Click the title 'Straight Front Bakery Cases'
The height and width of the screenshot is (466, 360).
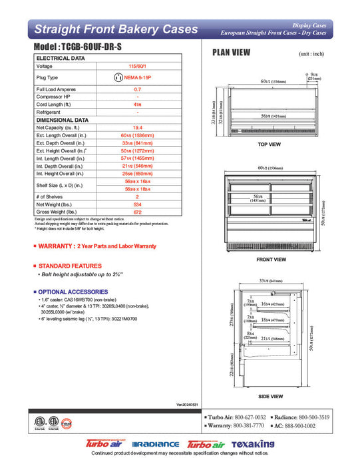[x=116, y=29]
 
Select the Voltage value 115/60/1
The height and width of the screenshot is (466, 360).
[x=137, y=67]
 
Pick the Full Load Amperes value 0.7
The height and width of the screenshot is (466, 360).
[x=137, y=89]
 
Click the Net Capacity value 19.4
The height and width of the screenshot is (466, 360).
[x=137, y=126]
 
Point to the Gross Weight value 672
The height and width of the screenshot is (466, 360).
[x=137, y=212]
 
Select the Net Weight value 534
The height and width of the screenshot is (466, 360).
[x=137, y=204]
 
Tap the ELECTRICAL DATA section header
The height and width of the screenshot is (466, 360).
[x=60, y=59]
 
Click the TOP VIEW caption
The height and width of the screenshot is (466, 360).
[x=269, y=144]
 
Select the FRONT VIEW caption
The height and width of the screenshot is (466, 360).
[x=271, y=260]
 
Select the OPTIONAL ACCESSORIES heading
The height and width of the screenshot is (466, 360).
[x=73, y=292]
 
